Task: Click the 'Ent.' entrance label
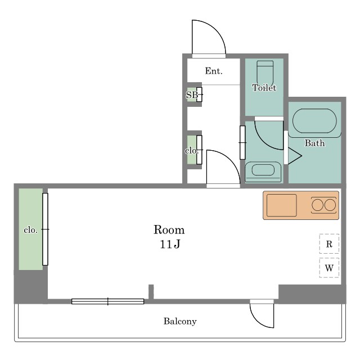[x=214, y=71]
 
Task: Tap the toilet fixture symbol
[x=265, y=74]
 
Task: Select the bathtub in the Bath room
[x=314, y=121]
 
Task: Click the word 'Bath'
[x=314, y=143]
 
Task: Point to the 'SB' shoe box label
[x=192, y=94]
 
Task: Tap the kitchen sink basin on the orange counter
[x=281, y=205]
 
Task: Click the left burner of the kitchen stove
[x=317, y=205]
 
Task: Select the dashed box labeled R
[x=329, y=244]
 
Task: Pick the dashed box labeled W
[x=329, y=268]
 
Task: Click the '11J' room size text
[x=170, y=244]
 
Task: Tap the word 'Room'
[x=169, y=230]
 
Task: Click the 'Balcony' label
[x=180, y=321]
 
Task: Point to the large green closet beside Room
[x=30, y=229]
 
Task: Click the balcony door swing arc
[x=257, y=321]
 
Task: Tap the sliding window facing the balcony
[x=107, y=301]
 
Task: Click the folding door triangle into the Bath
[x=295, y=156]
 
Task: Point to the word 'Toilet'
[x=264, y=88]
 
